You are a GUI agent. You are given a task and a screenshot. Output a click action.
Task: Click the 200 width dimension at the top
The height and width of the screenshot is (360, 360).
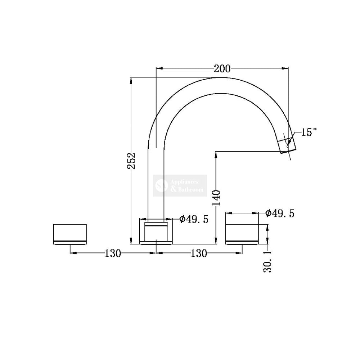pyautogui.click(x=222, y=69)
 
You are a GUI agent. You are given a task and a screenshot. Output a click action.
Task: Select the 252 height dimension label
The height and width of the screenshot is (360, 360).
pyautogui.click(x=131, y=161)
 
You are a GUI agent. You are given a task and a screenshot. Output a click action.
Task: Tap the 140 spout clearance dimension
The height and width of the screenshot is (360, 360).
pyautogui.click(x=216, y=198)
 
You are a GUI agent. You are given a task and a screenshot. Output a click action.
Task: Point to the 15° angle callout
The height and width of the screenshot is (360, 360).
pyautogui.click(x=309, y=132)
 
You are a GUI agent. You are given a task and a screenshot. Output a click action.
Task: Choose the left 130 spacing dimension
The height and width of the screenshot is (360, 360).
pyautogui.click(x=113, y=253)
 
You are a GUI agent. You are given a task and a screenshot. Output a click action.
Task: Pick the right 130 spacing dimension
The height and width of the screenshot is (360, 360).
pyautogui.click(x=199, y=253)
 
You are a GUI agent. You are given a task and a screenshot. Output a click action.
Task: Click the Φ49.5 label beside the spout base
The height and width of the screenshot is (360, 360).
pyautogui.click(x=194, y=219)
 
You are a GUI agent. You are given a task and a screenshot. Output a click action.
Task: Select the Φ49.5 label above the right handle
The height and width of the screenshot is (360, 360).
pyautogui.click(x=280, y=213)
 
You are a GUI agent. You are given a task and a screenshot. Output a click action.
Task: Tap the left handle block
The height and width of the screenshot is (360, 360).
pyautogui.click(x=70, y=234)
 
